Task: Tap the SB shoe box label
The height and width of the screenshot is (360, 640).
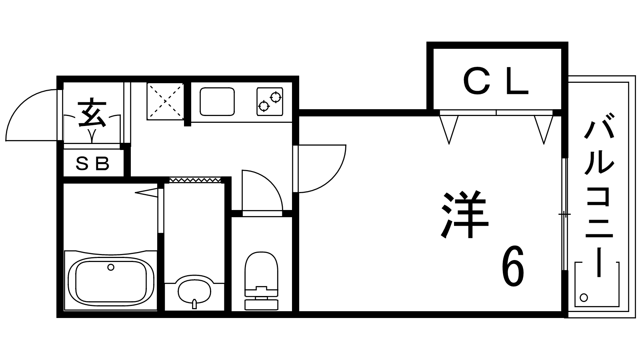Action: coord(92,163)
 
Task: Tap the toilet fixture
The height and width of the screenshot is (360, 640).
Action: coord(261,280)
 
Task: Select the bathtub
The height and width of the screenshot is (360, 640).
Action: coord(111,280)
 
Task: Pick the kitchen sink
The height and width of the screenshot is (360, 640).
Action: coord(217,102)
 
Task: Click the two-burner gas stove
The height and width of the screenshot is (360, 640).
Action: coord(270,102)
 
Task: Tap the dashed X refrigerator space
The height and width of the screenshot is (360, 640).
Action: coord(165,101)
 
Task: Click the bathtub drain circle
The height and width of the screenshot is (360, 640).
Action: coord(111,267)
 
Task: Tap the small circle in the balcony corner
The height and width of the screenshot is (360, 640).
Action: coord(584,298)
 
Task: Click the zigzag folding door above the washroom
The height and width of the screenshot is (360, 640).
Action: coord(195,180)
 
